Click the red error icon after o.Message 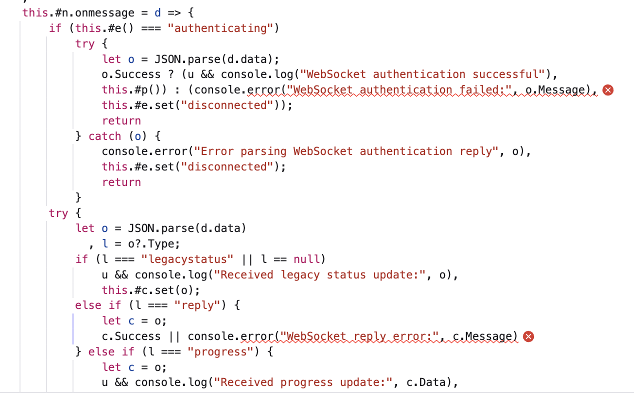click(607, 90)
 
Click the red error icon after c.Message click(528, 336)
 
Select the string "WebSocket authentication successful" click(425, 74)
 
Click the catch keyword click(105, 136)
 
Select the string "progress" click(220, 351)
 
